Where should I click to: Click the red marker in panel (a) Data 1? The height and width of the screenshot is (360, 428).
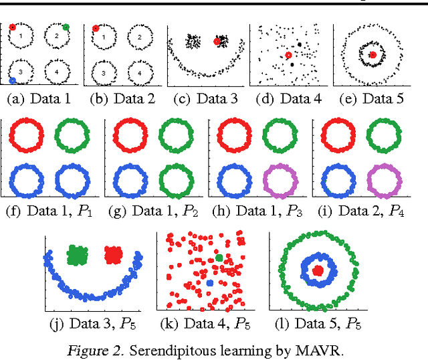(x=13, y=28)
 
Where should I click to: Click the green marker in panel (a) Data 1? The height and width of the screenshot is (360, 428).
(x=66, y=27)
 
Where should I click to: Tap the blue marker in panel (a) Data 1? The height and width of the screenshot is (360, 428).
(x=13, y=80)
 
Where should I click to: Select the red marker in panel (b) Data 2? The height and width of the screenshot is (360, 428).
(x=96, y=29)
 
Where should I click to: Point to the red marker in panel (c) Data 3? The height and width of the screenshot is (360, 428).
(x=217, y=41)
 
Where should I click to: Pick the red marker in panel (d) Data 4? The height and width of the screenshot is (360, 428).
(x=288, y=56)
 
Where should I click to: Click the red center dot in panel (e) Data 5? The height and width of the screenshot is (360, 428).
(x=372, y=54)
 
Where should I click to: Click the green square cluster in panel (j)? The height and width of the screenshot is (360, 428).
(x=78, y=255)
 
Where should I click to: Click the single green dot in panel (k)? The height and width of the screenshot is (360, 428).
(x=219, y=258)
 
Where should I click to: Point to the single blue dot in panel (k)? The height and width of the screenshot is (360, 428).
(x=210, y=284)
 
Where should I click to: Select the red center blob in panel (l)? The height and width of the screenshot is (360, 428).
(x=319, y=270)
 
